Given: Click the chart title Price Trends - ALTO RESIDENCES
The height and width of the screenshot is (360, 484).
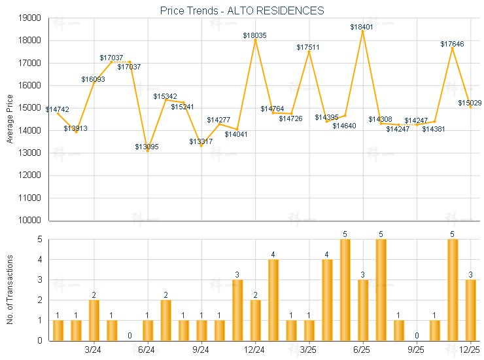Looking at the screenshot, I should pyautogui.click(x=242, y=10).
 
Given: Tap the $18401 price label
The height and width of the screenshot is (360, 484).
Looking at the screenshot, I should pyautogui.click(x=361, y=27).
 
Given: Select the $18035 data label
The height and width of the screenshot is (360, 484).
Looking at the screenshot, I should pyautogui.click(x=254, y=35).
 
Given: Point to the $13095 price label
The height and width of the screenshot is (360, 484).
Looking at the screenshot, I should pyautogui.click(x=147, y=146).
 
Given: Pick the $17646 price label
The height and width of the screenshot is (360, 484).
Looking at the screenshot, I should pyautogui.click(x=452, y=44).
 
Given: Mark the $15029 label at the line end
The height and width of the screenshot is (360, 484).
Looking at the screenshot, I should pyautogui.click(x=470, y=103).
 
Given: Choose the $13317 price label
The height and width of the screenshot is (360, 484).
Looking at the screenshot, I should pyautogui.click(x=201, y=141).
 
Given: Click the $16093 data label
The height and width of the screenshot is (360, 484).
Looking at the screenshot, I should pyautogui.click(x=93, y=79).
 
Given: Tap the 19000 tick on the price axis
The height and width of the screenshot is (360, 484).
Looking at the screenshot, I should pyautogui.click(x=28, y=18).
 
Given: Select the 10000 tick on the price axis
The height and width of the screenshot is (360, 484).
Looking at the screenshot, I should pyautogui.click(x=28, y=221).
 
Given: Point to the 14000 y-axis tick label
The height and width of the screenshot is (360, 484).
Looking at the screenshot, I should pyautogui.click(x=28, y=131).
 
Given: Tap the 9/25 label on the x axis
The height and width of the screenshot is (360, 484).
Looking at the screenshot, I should pyautogui.click(x=416, y=350).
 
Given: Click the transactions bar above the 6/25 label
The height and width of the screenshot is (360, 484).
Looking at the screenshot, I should pyautogui.click(x=363, y=310).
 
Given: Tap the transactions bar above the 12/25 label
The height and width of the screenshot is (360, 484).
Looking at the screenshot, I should pyautogui.click(x=470, y=310).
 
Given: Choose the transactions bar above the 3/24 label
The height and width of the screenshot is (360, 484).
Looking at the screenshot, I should pyautogui.click(x=94, y=320).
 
